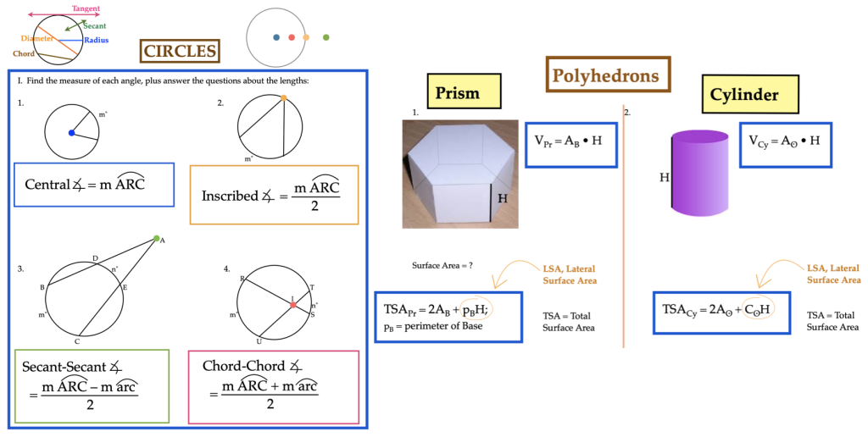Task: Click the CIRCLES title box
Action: tap(180, 52)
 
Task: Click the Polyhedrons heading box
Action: tap(606, 75)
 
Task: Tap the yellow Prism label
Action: tap(458, 93)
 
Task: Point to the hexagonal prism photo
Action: tap(459, 174)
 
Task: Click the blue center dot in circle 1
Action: tap(71, 133)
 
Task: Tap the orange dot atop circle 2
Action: tap(283, 98)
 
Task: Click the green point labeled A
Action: tap(156, 239)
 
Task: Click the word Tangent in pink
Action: tap(86, 8)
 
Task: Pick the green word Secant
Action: tap(94, 26)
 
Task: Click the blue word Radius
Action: tap(96, 40)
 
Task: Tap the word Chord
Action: tap(24, 53)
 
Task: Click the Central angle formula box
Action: tap(94, 184)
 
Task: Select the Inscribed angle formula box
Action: tap(274, 194)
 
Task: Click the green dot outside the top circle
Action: tap(325, 37)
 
